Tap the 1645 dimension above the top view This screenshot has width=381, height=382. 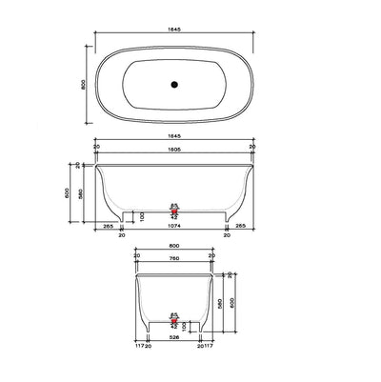[173, 30]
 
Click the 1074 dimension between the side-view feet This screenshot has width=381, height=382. [173, 228]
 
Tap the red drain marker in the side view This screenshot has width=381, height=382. [173, 207]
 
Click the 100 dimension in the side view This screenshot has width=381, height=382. [142, 215]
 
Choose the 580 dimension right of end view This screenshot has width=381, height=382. [220, 303]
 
